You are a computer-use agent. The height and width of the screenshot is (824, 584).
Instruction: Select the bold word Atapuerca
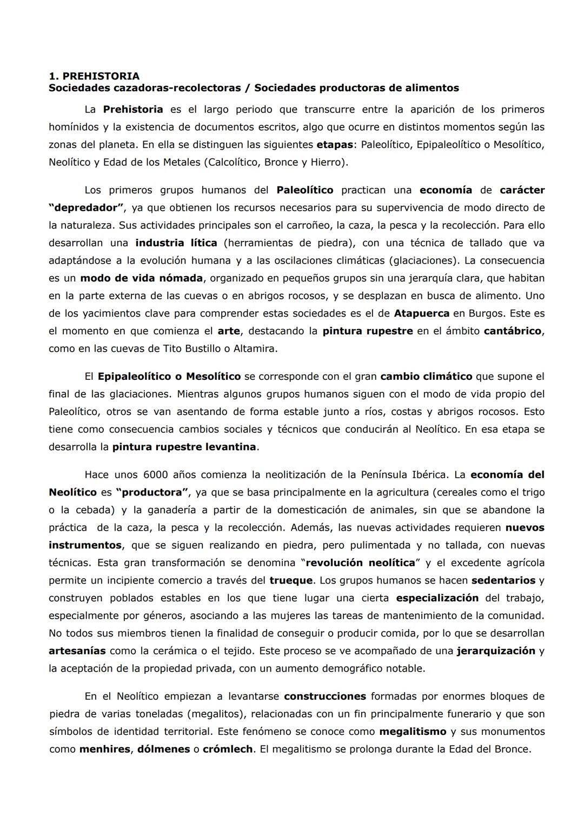422,313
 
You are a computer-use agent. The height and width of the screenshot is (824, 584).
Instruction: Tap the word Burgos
487,313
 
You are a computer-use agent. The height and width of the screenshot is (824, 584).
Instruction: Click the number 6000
156,475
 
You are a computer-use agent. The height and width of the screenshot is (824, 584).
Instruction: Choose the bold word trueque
291,580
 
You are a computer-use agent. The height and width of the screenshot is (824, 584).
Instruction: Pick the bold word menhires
104,749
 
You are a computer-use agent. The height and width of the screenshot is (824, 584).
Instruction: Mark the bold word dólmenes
163,749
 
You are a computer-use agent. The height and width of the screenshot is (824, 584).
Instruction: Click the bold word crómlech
228,749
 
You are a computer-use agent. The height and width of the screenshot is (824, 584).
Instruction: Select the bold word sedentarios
503,580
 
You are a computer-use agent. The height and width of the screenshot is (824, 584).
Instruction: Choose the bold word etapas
335,145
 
